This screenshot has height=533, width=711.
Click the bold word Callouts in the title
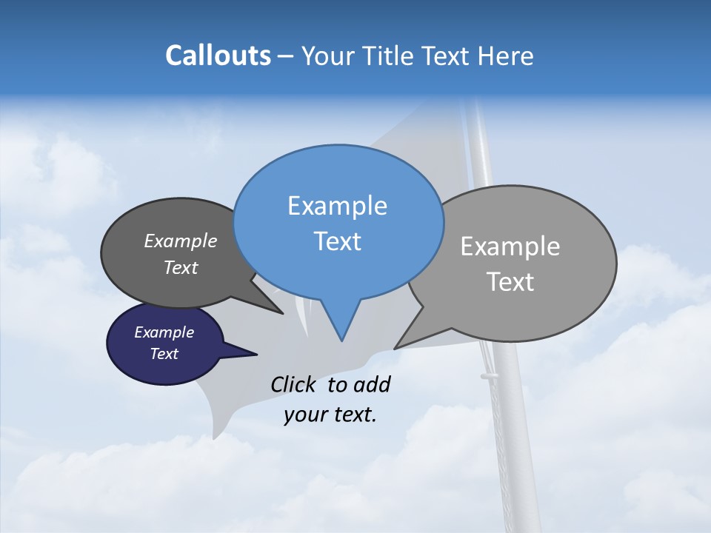[x=218, y=56]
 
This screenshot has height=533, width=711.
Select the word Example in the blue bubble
[x=337, y=206]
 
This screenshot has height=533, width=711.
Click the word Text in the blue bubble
[x=337, y=241]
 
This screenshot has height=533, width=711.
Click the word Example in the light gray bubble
[x=510, y=247]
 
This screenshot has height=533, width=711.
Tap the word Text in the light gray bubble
[x=510, y=282]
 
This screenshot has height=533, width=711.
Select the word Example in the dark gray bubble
[x=180, y=241]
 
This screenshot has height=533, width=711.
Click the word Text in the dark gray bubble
[x=180, y=268]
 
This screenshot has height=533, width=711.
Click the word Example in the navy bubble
[x=164, y=332]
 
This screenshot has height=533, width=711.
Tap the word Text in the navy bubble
[x=164, y=354]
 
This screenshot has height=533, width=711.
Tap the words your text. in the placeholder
[x=330, y=415]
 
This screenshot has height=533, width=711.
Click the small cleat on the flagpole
[x=490, y=378]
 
